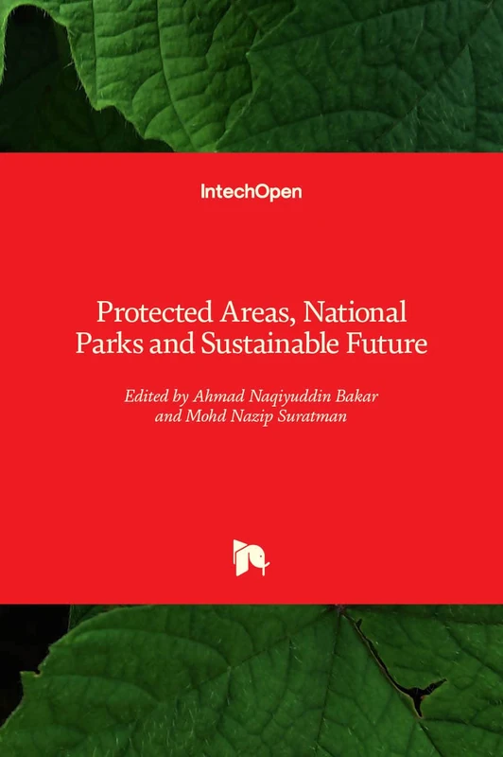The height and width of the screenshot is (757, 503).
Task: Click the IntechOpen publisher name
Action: (251, 191)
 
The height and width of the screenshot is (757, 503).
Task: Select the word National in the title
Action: (352, 311)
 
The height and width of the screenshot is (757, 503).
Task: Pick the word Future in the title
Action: (389, 343)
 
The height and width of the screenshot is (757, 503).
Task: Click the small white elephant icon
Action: (251, 557)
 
